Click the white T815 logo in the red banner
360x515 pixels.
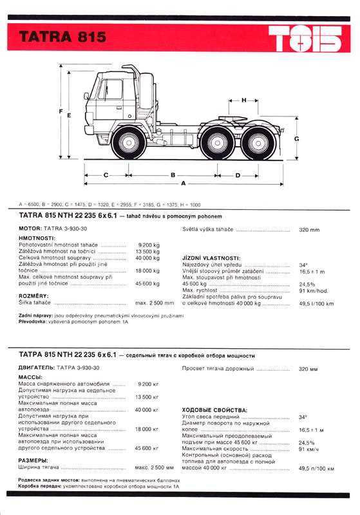305,39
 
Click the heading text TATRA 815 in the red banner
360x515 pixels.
62,37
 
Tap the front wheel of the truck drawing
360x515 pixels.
129,143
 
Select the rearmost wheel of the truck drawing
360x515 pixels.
258,143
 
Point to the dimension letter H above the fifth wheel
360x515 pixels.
243,100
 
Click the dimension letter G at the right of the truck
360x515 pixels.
297,138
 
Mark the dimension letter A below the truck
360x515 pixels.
184,183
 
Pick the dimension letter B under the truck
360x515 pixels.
173,175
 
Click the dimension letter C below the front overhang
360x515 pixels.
106,175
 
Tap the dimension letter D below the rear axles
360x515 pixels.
238,175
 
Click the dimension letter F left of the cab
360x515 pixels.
61,111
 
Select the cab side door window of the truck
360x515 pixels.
110,89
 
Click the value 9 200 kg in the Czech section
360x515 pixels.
149,245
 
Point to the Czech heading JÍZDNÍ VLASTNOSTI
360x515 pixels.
211,258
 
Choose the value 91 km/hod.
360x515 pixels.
314,291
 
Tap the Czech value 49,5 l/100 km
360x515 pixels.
316,304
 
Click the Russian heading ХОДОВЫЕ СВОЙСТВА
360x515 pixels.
214,410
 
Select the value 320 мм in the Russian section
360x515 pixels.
308,369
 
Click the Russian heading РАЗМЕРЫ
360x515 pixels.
33,460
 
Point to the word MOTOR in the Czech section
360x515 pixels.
30,229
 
